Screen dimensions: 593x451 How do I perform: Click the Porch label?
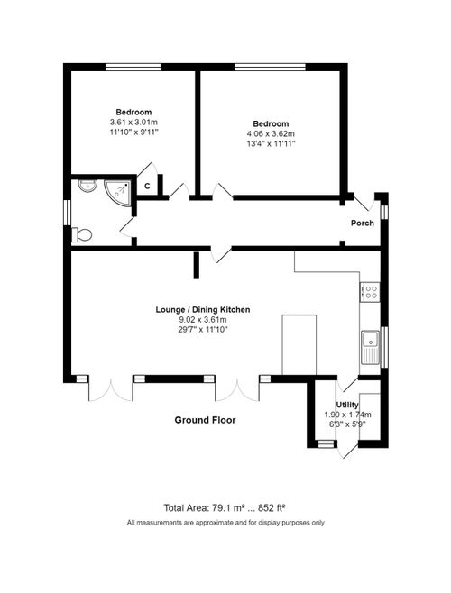[362, 224]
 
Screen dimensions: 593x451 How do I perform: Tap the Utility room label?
[347, 405]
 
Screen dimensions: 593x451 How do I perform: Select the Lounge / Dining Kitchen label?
[203, 310]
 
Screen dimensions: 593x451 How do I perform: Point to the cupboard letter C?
[146, 186]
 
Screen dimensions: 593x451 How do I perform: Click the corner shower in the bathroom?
[115, 187]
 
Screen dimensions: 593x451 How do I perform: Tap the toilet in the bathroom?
[82, 234]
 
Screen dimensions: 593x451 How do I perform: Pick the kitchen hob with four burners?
[370, 291]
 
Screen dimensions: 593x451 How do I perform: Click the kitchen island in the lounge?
[299, 344]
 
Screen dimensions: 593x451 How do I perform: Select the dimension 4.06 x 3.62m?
[272, 132]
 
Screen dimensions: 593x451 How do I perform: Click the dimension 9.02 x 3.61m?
[203, 320]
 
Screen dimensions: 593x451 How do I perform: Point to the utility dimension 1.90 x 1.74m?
[347, 415]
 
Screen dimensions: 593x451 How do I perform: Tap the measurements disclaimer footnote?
[225, 523]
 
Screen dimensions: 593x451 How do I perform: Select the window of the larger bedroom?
[269, 67]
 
